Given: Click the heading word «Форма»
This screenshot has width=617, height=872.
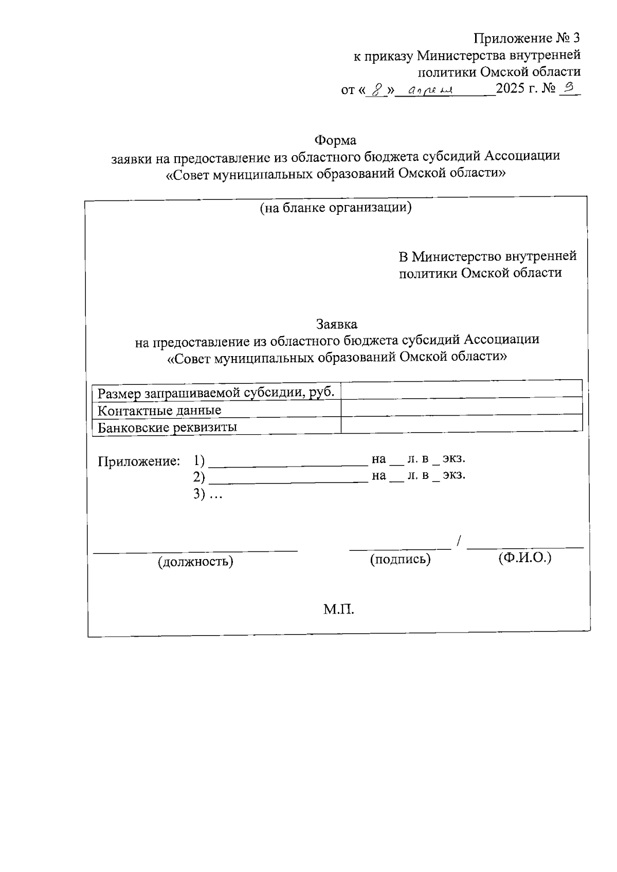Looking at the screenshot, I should [335, 140].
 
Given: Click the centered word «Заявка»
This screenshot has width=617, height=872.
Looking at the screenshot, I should [336, 324].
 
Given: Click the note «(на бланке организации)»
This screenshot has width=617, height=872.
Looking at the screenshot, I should [336, 208].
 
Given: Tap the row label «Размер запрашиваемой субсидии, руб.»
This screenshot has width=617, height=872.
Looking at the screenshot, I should [216, 393].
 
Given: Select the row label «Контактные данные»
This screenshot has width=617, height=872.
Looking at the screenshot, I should [159, 410].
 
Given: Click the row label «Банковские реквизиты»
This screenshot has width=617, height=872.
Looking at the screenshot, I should [167, 427].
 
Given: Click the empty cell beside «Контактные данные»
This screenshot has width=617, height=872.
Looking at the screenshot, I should [461, 406].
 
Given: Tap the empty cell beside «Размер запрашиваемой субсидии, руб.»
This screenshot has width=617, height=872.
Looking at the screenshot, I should [461, 389].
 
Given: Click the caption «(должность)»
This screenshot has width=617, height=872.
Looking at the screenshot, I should [195, 561].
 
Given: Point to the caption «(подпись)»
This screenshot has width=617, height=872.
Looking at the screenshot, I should [400, 559].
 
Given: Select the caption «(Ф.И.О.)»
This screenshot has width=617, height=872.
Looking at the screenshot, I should [524, 558].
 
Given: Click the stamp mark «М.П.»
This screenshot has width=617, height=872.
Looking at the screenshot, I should [339, 610].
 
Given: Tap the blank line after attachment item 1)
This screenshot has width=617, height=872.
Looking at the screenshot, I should [288, 462].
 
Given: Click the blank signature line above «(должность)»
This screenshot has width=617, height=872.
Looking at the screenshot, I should [195, 550].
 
